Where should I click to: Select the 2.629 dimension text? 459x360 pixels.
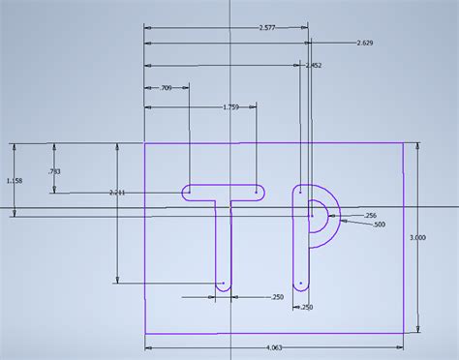(366, 44)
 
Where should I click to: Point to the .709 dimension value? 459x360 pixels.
(167, 88)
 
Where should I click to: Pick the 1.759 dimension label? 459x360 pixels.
(229, 106)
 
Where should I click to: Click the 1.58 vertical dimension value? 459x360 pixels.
(14, 181)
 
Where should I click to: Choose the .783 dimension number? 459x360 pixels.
(54, 171)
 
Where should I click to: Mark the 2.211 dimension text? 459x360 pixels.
(118, 193)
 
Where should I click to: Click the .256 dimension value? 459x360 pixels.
(370, 215)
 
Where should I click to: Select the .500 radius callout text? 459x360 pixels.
(379, 224)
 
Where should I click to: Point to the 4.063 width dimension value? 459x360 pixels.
(276, 345)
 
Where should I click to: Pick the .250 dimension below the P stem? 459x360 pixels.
(308, 307)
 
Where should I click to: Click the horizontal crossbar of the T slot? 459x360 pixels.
(224, 193)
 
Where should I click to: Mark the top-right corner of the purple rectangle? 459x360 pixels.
(404, 143)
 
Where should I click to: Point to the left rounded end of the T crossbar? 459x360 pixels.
(186, 193)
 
